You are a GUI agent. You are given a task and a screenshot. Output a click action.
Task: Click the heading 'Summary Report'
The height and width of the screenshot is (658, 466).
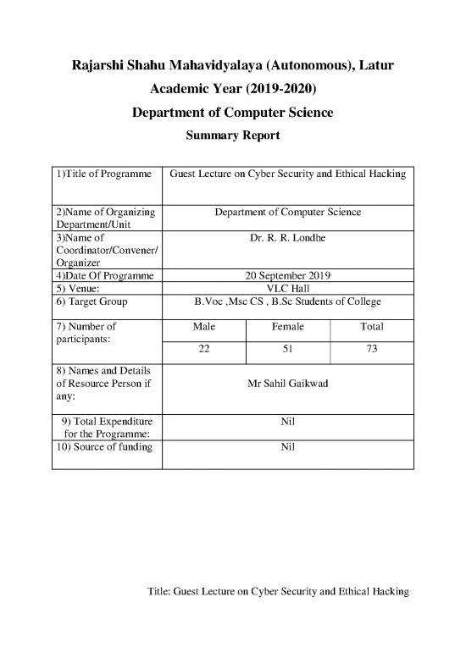coord(233,134)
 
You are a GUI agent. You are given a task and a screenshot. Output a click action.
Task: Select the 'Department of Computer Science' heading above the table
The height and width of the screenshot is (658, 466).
coord(233,113)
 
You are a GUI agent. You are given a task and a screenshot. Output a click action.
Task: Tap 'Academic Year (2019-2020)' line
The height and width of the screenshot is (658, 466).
coord(233,89)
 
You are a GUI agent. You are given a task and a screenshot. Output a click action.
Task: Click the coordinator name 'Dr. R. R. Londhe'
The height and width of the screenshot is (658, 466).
coord(287,240)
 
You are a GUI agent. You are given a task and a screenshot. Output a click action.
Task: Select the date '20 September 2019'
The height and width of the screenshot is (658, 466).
coord(287,276)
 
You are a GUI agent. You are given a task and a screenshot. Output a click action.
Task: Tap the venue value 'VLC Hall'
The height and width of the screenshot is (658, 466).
coord(287,289)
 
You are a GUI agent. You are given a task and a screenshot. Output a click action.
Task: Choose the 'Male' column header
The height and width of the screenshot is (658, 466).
coord(203,326)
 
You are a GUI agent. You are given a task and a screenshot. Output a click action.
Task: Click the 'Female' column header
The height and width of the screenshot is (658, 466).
coord(287,326)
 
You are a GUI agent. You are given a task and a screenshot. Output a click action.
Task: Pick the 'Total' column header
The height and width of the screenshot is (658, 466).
coord(371,326)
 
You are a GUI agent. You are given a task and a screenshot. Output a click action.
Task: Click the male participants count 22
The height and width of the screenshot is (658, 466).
coord(203,351)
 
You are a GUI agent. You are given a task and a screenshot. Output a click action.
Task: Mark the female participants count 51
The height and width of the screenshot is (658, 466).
coord(287,351)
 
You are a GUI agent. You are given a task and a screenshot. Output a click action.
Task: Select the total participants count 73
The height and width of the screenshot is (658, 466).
coord(371,351)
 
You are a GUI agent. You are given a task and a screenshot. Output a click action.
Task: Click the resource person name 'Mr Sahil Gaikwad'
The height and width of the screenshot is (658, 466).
coord(287,384)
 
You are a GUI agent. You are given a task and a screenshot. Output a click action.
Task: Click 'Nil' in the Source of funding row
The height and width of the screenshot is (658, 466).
coord(287,446)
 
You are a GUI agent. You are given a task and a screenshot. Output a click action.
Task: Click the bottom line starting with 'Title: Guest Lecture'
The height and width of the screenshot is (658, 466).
coord(278,592)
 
